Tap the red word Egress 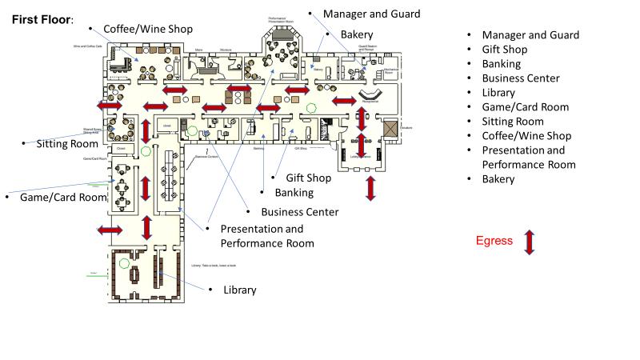494,240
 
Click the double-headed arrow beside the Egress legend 529,242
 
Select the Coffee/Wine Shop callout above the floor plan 148,29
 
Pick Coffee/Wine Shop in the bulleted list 526,136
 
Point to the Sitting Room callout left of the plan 67,144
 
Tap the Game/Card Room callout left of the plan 63,197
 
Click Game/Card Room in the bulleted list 525,107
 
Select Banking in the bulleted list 502,64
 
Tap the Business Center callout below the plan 300,212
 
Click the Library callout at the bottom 240,290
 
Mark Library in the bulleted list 498,93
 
